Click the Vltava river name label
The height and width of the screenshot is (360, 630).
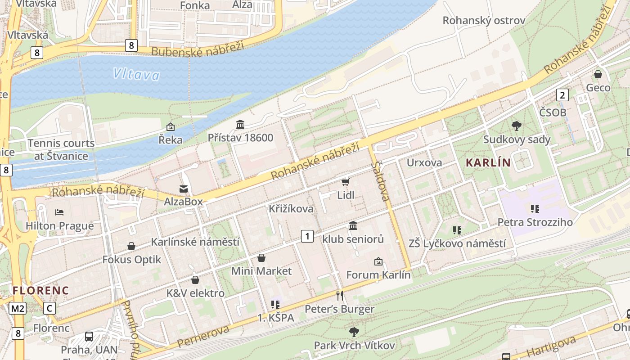[136, 74]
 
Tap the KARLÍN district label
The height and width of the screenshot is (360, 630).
[488, 162]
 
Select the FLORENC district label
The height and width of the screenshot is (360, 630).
[40, 290]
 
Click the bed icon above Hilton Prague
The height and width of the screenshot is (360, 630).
[59, 212]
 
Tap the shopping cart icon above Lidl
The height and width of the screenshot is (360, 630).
[346, 182]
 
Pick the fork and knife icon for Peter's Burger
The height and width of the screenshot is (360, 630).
[340, 296]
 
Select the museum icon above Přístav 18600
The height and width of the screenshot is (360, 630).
[240, 124]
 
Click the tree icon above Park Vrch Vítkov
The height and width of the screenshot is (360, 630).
[354, 332]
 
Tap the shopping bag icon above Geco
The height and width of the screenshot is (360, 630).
[598, 74]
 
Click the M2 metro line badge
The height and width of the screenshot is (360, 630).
[18, 308]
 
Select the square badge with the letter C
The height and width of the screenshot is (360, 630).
[49, 308]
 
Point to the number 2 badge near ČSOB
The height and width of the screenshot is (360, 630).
[562, 95]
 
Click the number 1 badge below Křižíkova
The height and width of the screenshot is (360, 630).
[307, 236]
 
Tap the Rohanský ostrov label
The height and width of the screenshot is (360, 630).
[484, 21]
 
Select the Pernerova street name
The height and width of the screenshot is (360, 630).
[203, 336]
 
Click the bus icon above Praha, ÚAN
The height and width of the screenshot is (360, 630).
[89, 336]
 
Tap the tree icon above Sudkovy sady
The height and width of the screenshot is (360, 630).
[516, 126]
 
